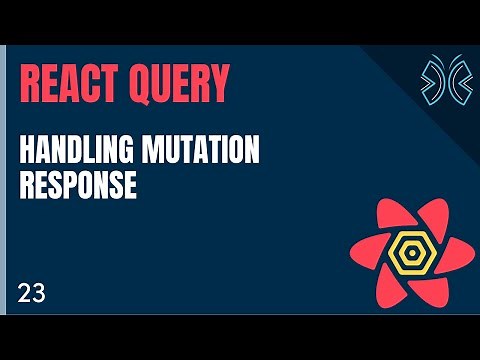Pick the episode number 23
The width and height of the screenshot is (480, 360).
click(x=30, y=293)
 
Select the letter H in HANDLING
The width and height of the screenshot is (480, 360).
click(x=27, y=153)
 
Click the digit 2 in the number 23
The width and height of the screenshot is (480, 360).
click(x=23, y=293)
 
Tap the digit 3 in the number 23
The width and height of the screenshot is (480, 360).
click(x=37, y=293)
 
